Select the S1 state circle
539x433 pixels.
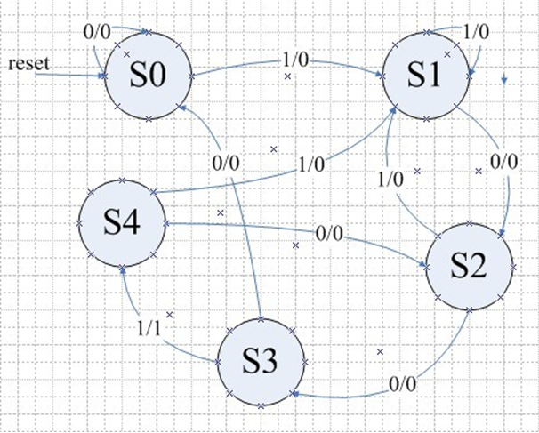point(425,76)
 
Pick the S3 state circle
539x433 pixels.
point(261,360)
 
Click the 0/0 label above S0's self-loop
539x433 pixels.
point(98,30)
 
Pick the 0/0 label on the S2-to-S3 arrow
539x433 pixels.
point(402,384)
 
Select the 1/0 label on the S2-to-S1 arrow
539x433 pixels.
point(389,177)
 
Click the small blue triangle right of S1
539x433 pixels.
point(504,80)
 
